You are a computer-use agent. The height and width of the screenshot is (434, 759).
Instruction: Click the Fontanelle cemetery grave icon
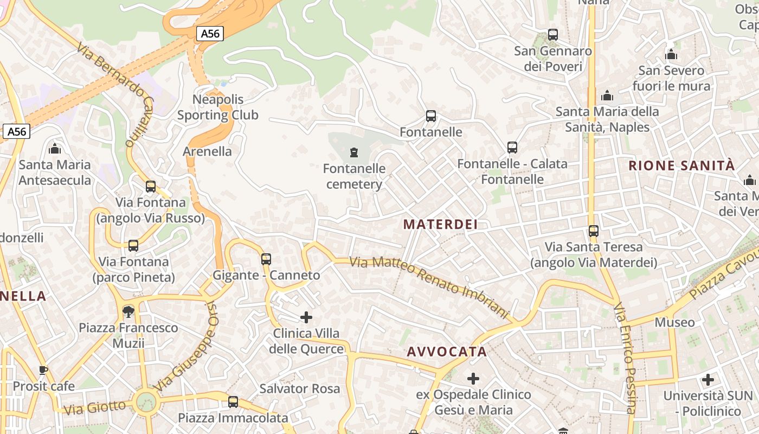(354, 152)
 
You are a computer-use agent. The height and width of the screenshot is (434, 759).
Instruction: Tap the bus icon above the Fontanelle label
(431, 116)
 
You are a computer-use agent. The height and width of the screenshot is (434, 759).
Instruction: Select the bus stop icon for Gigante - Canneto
(266, 259)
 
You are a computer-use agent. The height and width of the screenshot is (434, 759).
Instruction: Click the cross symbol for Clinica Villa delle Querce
(306, 317)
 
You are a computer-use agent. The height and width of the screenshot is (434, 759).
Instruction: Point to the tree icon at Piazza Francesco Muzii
(128, 311)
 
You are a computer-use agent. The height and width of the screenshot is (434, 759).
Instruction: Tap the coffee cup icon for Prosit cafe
(43, 370)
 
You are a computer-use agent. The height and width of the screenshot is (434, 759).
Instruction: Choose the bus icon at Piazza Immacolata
(233, 402)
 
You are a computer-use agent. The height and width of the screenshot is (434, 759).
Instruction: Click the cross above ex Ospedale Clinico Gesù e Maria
(473, 378)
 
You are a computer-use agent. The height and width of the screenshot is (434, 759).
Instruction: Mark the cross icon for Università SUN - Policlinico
(707, 380)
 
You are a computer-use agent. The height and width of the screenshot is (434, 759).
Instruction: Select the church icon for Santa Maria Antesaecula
(55, 149)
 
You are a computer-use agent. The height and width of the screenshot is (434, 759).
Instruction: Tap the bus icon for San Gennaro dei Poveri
(553, 35)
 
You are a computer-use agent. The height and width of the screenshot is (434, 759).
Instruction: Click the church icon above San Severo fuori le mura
(671, 54)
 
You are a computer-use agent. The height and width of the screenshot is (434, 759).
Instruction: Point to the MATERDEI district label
(440, 224)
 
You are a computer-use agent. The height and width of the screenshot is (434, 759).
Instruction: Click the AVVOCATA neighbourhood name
(447, 352)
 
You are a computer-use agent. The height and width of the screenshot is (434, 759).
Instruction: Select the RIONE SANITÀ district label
(681, 165)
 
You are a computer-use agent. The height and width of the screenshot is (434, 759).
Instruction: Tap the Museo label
(674, 322)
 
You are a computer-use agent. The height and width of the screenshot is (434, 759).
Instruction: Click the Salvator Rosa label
(299, 388)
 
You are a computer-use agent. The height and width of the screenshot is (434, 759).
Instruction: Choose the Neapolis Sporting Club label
(218, 107)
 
